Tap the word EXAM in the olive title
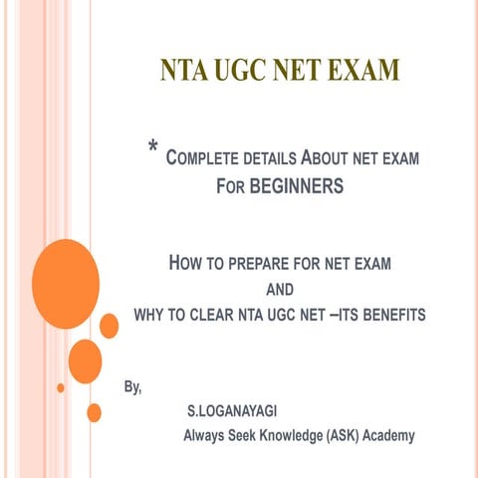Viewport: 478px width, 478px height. coord(357,71)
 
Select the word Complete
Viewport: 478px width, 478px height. coord(204,157)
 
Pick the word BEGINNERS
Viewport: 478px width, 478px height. coord(296,185)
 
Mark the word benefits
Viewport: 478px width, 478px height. coord(389,315)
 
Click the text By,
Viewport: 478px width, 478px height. coord(131,386)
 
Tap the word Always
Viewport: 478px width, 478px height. coord(206,435)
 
